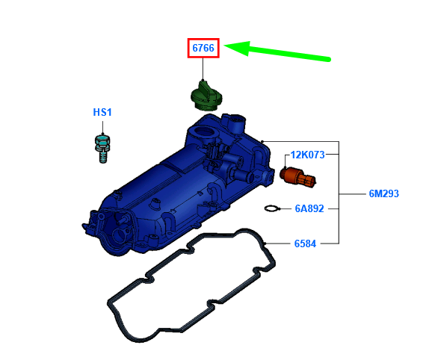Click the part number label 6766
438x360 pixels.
pyautogui.click(x=203, y=48)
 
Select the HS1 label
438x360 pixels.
pyautogui.click(x=102, y=112)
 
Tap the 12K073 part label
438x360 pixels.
pyautogui.click(x=307, y=155)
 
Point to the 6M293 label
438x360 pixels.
pyautogui.click(x=383, y=193)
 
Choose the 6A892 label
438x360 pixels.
pyautogui.click(x=309, y=208)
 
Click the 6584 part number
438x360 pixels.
pyautogui.click(x=305, y=243)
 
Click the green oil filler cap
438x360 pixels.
pyautogui.click(x=206, y=96)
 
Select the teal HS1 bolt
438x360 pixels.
pyautogui.click(x=102, y=148)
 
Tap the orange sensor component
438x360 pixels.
pyautogui.click(x=297, y=178)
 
